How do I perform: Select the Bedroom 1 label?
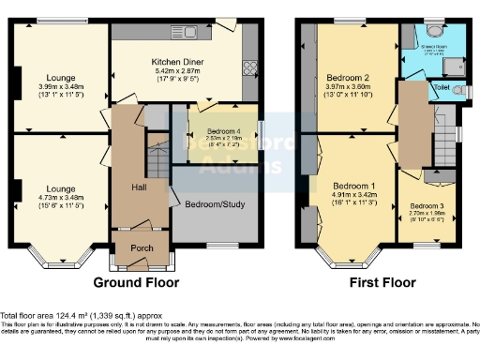pos(353,187)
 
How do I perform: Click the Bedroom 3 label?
pos(427,205)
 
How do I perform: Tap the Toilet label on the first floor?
pos(440,87)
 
